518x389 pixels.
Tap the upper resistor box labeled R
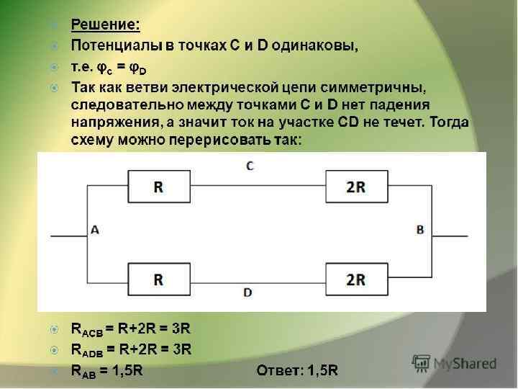pos(158,187)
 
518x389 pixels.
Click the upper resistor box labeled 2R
pos(355,187)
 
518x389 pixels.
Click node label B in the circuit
pos(420,230)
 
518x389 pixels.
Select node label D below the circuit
pos(247,293)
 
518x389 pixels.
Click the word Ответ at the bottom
pos(278,371)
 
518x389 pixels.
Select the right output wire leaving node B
pos(450,236)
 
